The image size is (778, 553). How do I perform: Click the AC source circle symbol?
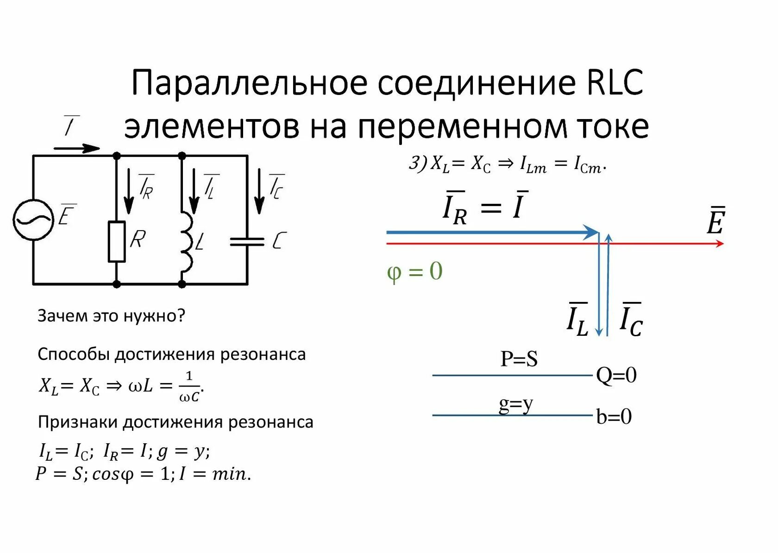pos(33,220)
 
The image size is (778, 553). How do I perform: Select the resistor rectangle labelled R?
pos(117,242)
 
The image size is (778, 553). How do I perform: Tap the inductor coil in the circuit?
pos(186,242)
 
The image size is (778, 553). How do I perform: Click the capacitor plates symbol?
pos(247,241)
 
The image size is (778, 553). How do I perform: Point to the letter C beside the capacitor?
pos(279,241)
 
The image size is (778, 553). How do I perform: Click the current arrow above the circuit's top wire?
pos(77,149)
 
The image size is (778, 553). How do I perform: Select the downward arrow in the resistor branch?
pos(129,191)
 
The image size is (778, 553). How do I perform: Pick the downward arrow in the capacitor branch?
pos(259,191)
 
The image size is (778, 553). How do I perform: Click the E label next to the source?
pos(67,214)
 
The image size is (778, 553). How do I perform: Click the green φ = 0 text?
pos(414,271)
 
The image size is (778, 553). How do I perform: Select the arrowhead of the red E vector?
pos(719,243)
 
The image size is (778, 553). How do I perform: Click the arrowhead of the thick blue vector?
pos(591,232)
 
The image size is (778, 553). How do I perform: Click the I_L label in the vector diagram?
pos(577,320)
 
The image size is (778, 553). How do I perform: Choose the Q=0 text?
pos(616,376)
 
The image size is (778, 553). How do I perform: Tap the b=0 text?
pos(614,416)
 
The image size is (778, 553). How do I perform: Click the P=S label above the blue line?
pos(519,359)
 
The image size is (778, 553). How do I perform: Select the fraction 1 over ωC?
pos(189,386)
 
